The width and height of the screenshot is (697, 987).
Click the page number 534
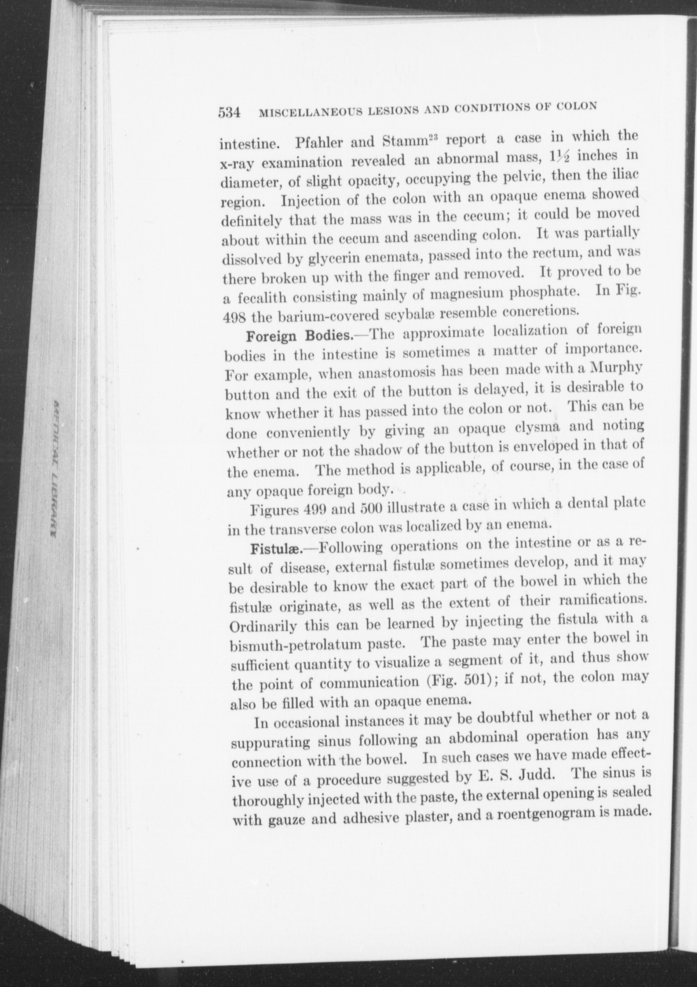229,112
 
